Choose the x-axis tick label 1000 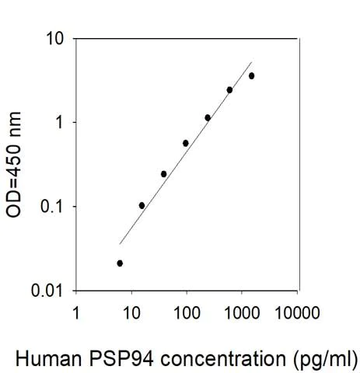click(241, 315)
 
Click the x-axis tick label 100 click(187, 315)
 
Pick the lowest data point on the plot click(120, 263)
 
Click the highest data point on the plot click(251, 75)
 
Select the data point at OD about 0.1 click(142, 205)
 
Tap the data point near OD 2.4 click(229, 89)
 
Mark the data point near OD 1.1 click(208, 117)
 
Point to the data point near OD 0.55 click(186, 143)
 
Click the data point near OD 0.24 click(163, 173)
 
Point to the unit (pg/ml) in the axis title click(323, 360)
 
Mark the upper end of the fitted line click(252, 62)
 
